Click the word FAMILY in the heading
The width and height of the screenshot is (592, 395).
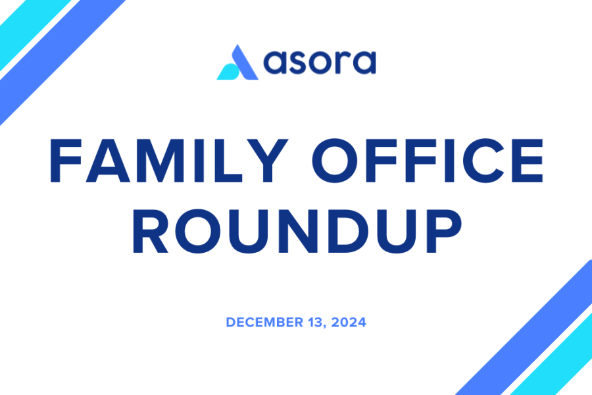pyautogui.click(x=168, y=161)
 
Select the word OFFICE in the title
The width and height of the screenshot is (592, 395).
pyautogui.click(x=428, y=161)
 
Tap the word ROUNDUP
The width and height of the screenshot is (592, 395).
pyautogui.click(x=297, y=231)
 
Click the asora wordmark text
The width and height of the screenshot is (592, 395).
pyautogui.click(x=320, y=62)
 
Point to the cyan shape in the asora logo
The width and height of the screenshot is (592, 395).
pyautogui.click(x=228, y=72)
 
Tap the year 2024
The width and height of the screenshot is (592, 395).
pyautogui.click(x=349, y=323)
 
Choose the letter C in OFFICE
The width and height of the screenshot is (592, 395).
pyautogui.click(x=484, y=161)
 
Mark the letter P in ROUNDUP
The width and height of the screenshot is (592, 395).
pyautogui.click(x=444, y=231)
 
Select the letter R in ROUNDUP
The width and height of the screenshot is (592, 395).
pyautogui.click(x=150, y=231)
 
